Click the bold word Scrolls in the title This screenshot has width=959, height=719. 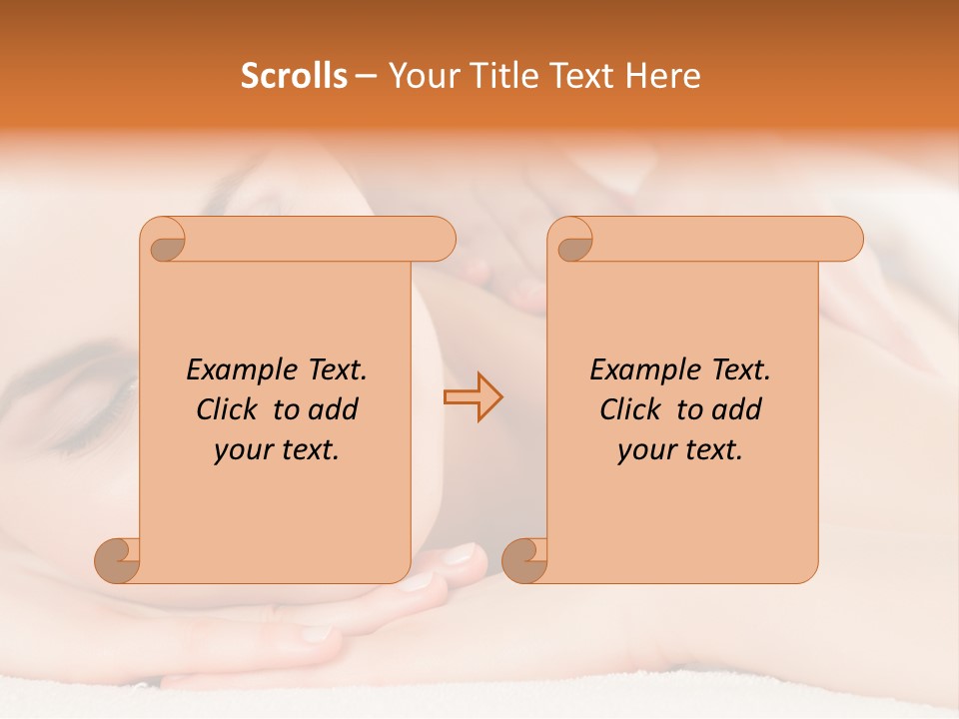[294, 76]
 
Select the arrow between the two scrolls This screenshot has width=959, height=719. [473, 397]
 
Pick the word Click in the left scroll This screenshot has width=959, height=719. [230, 409]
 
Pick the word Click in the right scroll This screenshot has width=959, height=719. [633, 409]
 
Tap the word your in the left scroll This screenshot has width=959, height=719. [242, 450]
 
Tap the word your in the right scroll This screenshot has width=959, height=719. [645, 450]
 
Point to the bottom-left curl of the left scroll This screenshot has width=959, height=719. [117, 560]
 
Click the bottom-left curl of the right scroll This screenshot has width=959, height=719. [524, 560]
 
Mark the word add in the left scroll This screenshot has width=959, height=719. [335, 409]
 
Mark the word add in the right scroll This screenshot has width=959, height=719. [738, 409]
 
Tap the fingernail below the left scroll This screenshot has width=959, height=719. [461, 553]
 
